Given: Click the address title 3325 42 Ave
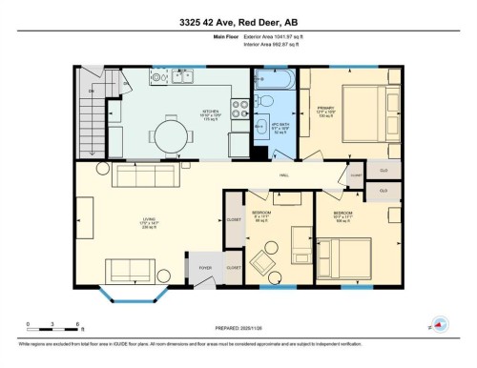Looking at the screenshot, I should coord(238,22).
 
